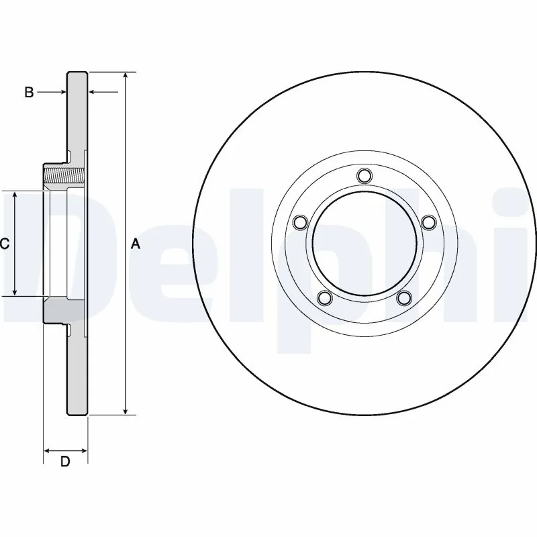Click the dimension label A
click(x=135, y=244)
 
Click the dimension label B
click(x=29, y=93)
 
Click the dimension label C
click(x=4, y=244)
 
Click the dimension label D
click(x=65, y=462)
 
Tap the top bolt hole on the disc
click(x=364, y=176)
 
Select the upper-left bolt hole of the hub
click(x=300, y=222)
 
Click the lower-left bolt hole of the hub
click(x=325, y=297)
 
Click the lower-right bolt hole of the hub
click(x=404, y=297)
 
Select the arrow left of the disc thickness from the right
click(x=95, y=93)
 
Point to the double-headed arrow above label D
click(x=65, y=450)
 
